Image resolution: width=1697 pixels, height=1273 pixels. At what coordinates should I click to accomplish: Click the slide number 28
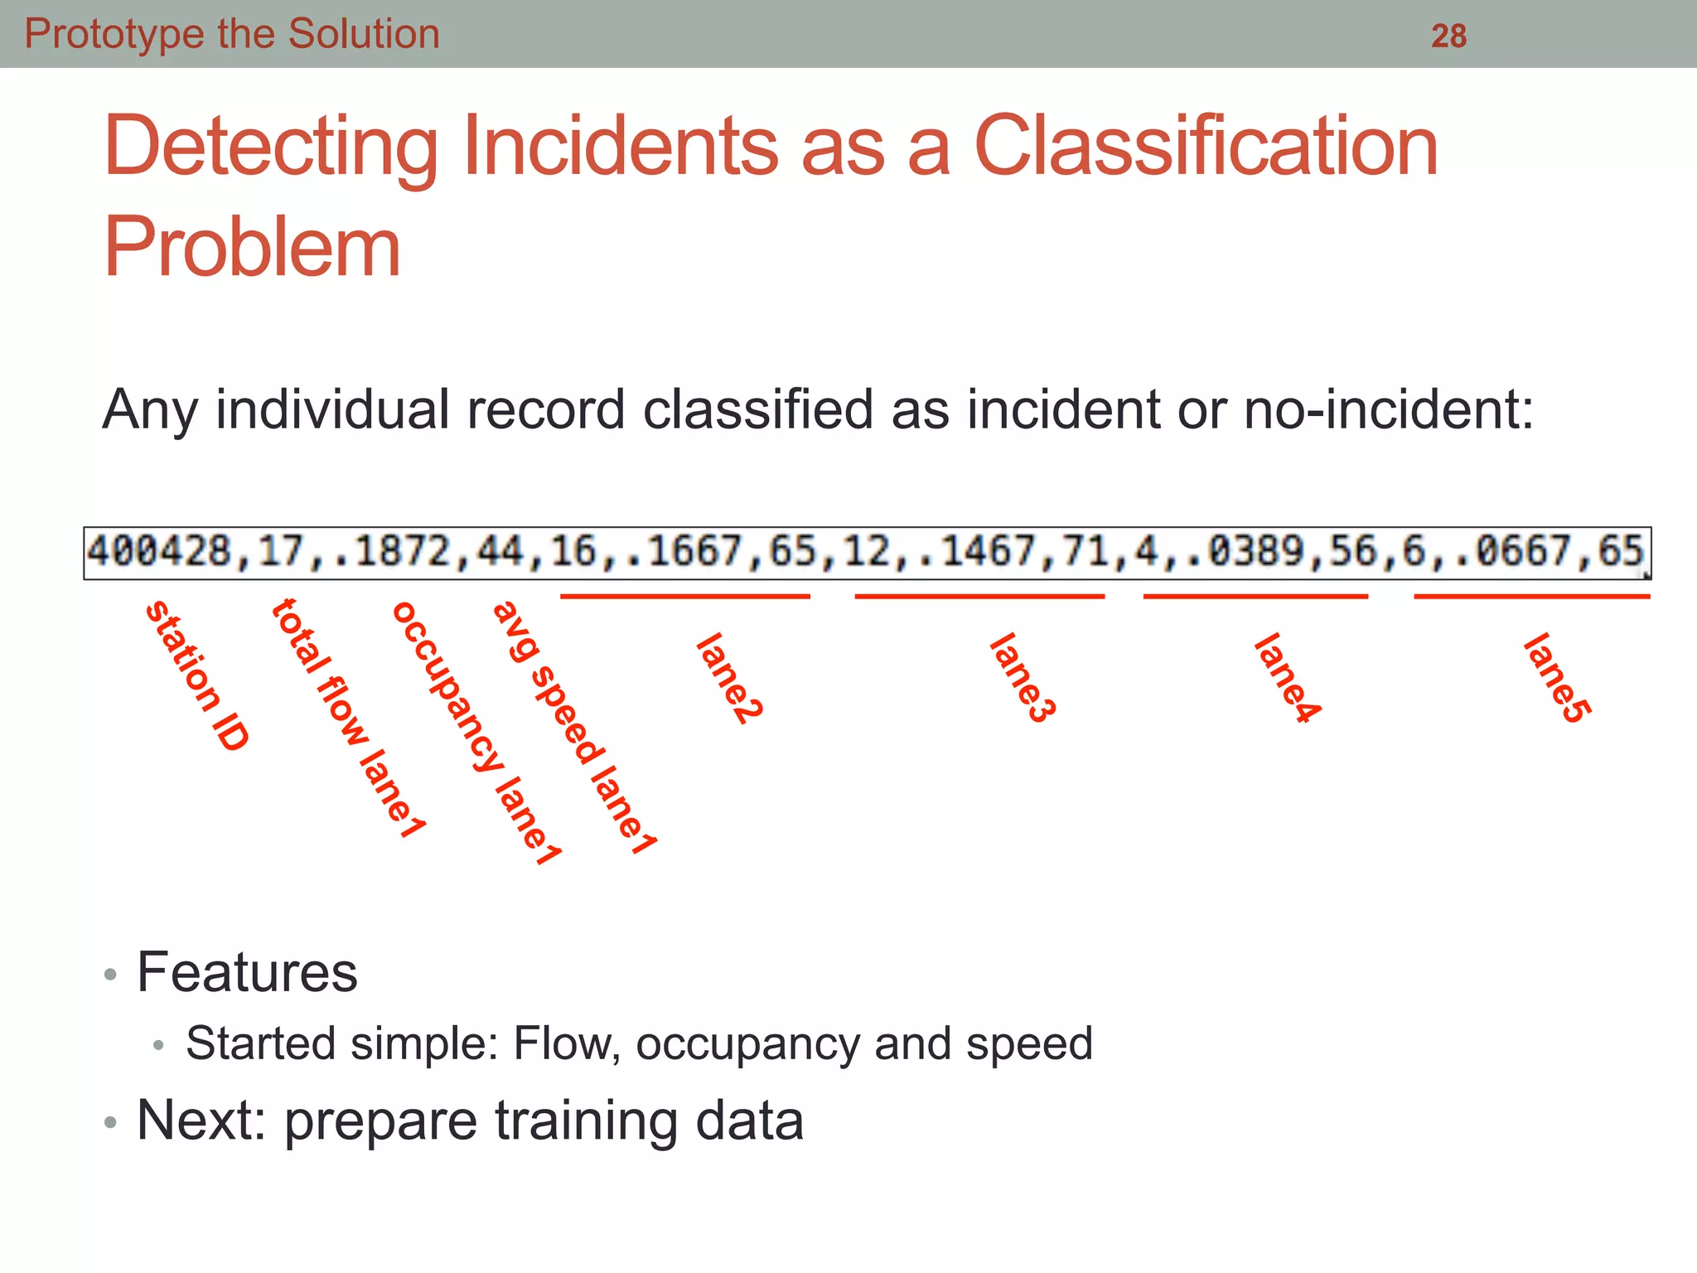(x=1448, y=36)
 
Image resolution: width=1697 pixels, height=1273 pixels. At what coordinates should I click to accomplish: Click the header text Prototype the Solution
(x=232, y=34)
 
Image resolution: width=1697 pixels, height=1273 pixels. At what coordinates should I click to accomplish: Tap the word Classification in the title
(x=1206, y=147)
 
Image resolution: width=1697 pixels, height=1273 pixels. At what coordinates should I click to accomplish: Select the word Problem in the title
(x=252, y=247)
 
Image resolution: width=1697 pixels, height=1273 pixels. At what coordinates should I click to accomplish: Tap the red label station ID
(x=197, y=675)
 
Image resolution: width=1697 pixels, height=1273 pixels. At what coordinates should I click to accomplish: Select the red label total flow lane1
(x=348, y=718)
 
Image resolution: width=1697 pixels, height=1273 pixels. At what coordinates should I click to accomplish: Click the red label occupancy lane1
(x=476, y=733)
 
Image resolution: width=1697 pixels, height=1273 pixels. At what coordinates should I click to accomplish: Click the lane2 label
(x=729, y=678)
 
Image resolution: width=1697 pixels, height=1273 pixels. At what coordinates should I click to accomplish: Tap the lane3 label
(x=1023, y=678)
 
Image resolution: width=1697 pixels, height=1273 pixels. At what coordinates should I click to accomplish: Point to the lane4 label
(x=1287, y=678)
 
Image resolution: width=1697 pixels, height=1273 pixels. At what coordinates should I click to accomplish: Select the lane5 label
(x=1557, y=678)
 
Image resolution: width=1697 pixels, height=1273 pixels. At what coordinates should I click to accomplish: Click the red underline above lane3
(x=979, y=596)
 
